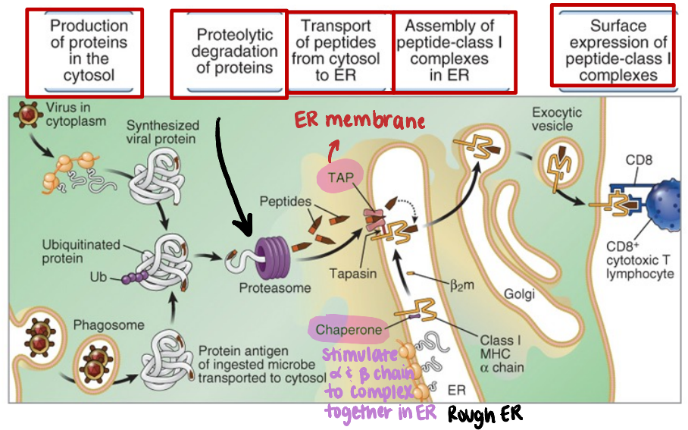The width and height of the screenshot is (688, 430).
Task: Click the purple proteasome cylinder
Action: click(267, 255)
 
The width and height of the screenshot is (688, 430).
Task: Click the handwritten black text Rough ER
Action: click(485, 414)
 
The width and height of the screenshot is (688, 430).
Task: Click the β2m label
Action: click(461, 285)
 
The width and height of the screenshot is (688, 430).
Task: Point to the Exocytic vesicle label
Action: click(557, 119)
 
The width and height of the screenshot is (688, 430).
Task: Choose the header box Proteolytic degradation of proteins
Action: click(229, 53)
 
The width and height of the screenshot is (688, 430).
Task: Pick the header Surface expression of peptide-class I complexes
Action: click(612, 48)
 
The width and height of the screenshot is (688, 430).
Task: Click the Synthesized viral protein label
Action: click(163, 132)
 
